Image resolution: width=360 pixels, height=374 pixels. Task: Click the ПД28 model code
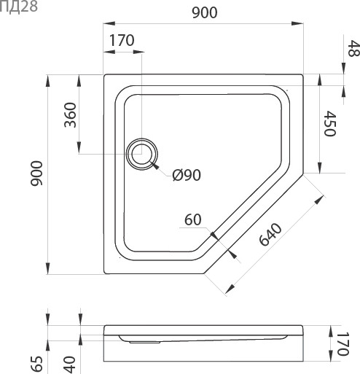(18, 7)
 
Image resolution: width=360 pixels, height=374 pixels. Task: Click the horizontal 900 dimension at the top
(205, 13)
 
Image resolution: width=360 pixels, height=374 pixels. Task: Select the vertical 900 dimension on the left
(36, 174)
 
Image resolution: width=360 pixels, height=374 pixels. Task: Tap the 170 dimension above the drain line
(122, 40)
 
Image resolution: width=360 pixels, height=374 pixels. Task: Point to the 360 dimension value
(70, 115)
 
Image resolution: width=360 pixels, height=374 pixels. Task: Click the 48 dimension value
(353, 48)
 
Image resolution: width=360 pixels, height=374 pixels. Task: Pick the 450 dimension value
(330, 123)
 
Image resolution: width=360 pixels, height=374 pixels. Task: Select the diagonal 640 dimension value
(270, 234)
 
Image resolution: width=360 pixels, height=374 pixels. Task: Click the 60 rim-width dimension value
(193, 219)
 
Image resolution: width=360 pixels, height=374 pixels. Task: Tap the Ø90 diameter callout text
(187, 175)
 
